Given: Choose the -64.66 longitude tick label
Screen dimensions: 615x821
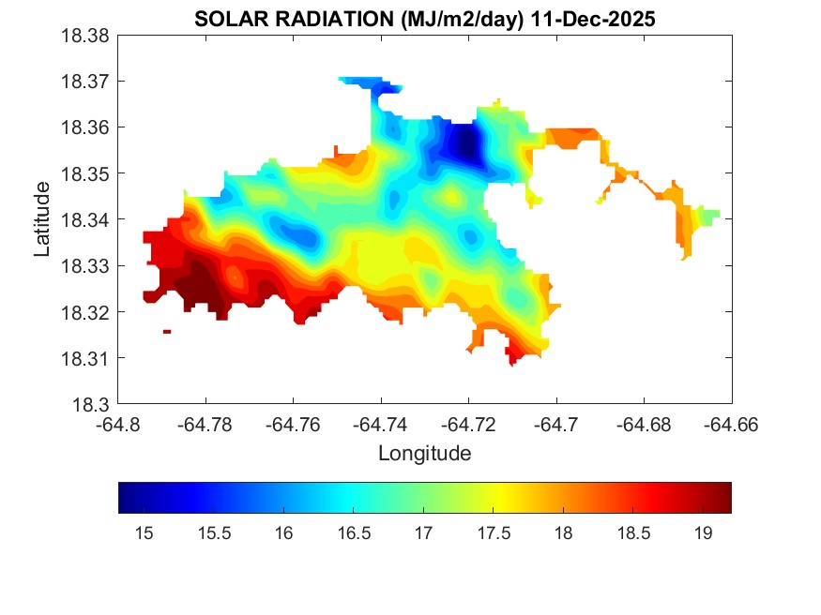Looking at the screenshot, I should click(732, 424).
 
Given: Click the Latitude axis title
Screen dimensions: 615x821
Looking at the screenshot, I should click(42, 220).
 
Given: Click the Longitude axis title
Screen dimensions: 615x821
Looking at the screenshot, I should click(424, 454).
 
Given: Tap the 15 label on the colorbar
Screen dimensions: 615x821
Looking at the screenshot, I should click(144, 532).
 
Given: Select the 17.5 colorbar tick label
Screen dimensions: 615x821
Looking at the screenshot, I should click(494, 532).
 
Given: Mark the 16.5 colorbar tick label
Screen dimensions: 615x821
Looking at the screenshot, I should click(354, 532).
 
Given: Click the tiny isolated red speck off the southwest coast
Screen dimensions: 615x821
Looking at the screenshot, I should click(167, 331).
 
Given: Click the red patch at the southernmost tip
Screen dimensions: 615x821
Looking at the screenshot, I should click(514, 356).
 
